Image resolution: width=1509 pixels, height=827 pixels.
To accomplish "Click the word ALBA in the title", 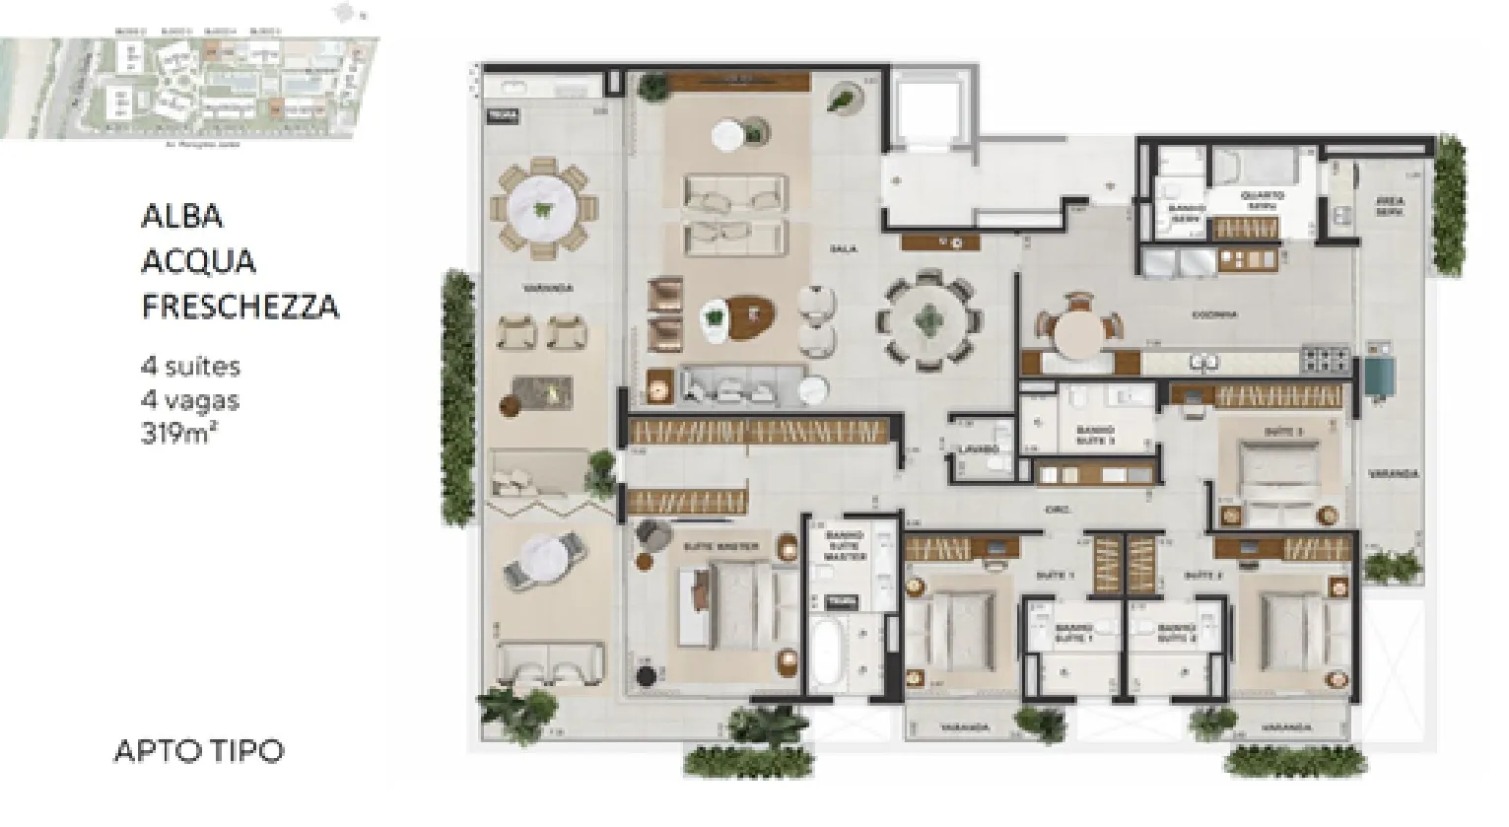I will (182, 217).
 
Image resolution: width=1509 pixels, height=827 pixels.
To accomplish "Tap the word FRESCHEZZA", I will (240, 307).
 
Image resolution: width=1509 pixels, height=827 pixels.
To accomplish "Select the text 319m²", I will (178, 433).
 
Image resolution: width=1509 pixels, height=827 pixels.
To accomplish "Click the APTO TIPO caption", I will (199, 751).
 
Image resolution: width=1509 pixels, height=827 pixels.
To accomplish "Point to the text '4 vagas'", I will (189, 400).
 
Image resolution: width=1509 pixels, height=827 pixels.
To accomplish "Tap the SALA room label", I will (844, 249).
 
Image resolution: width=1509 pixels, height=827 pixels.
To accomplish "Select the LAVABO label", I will (979, 449).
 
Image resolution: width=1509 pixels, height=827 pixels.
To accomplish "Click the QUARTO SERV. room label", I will (1262, 201).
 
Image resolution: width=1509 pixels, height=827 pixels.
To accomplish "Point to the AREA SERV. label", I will (1390, 205).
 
